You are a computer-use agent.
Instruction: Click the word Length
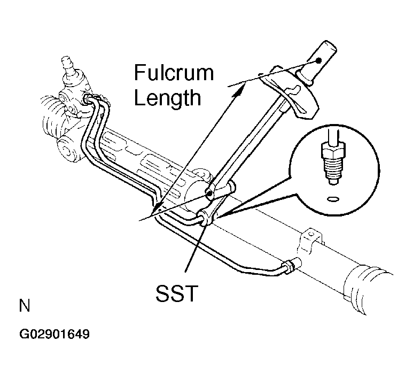point(168,97)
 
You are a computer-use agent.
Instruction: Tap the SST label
point(177,293)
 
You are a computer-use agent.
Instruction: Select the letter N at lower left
point(25,305)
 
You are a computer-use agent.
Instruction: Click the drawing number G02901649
point(54,334)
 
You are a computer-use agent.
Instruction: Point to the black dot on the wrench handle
point(319,60)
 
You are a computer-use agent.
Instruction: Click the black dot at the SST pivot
point(209,194)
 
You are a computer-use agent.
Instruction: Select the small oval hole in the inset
point(333,199)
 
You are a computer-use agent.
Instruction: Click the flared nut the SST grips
point(205,218)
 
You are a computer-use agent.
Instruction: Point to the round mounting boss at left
point(67,150)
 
